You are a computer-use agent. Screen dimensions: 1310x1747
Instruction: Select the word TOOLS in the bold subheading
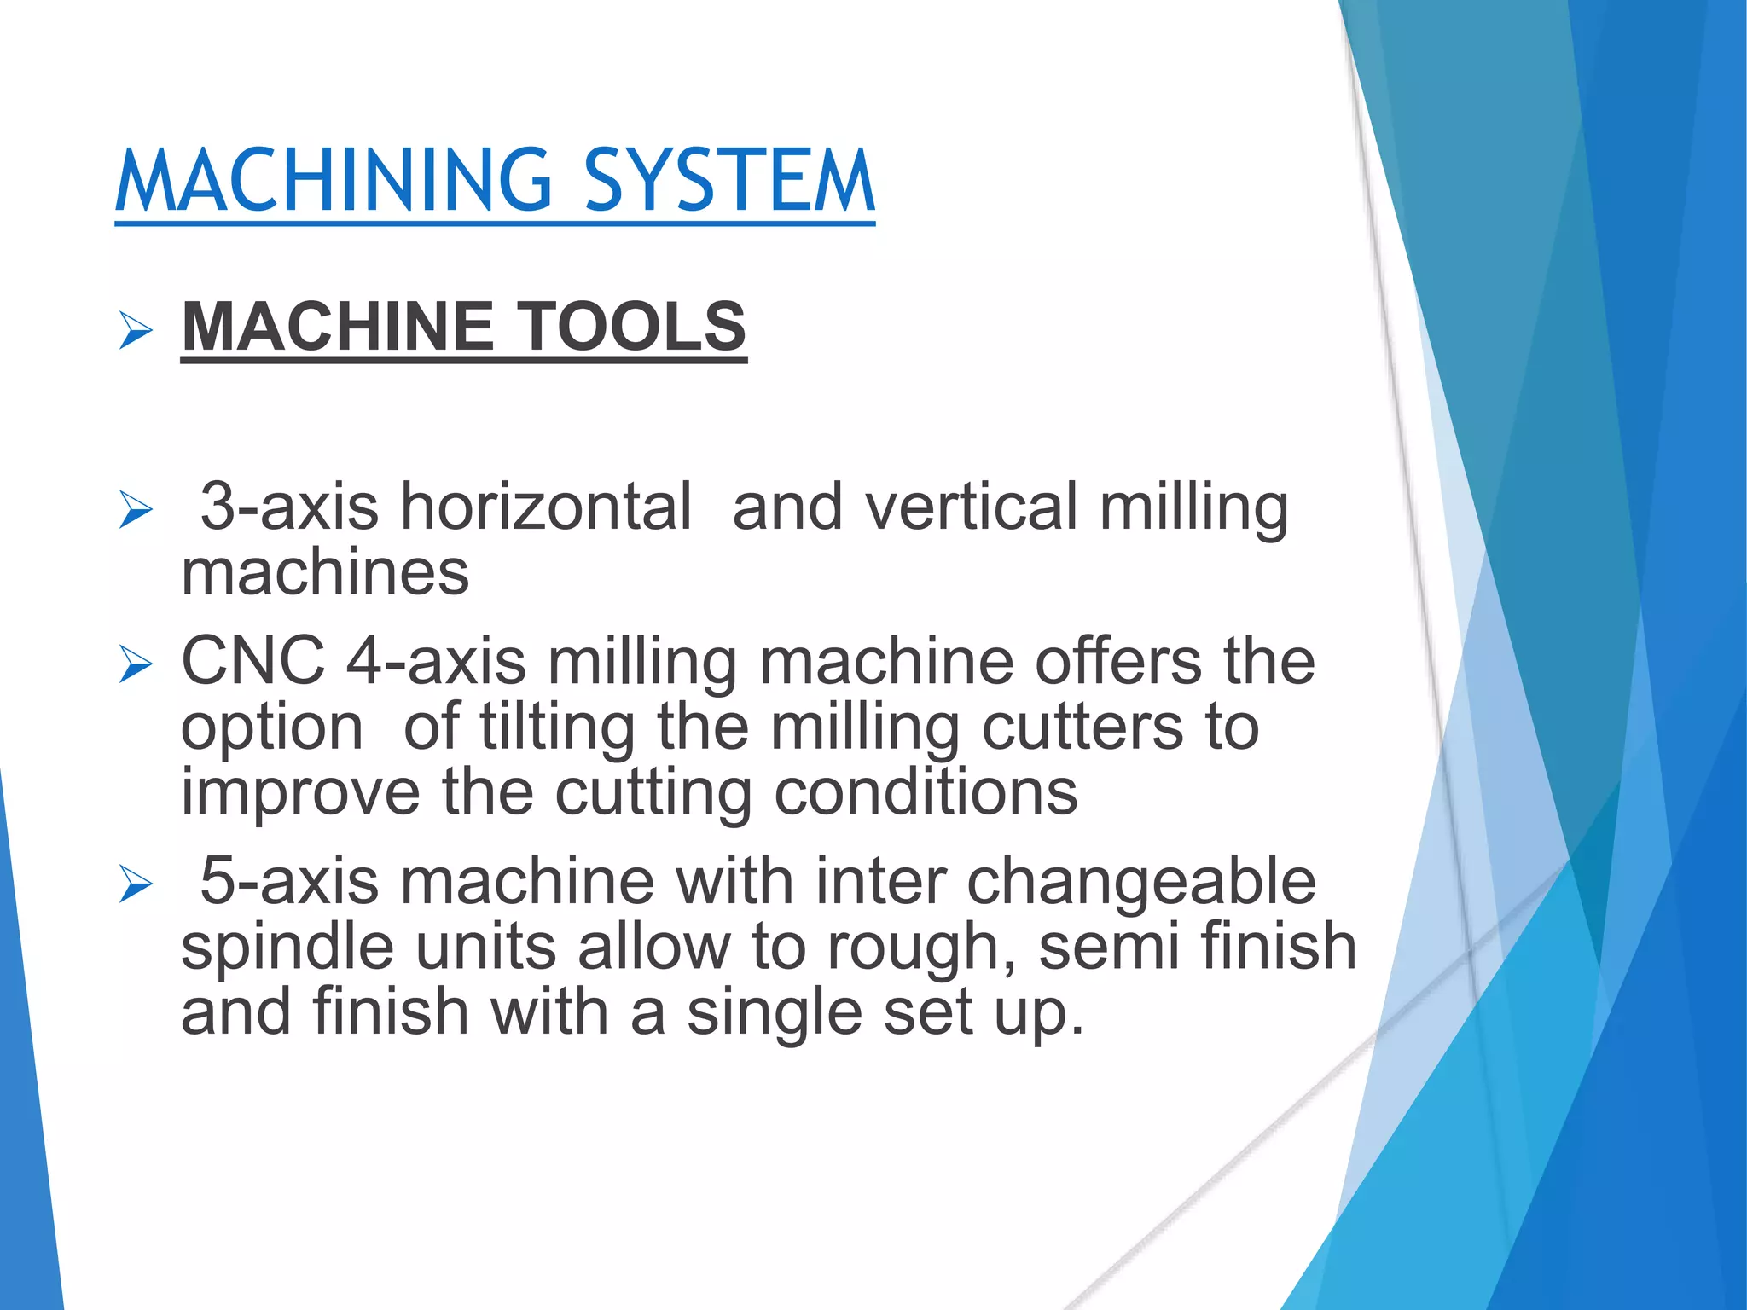pos(632,327)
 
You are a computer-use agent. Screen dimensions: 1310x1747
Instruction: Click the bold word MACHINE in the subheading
pos(338,327)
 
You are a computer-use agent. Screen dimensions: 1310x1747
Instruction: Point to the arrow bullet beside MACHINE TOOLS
pos(136,330)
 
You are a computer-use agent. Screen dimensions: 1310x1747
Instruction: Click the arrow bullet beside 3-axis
pos(136,510)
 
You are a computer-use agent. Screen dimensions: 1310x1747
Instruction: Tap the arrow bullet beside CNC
pos(136,664)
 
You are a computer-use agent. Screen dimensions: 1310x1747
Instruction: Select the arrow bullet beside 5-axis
pos(136,884)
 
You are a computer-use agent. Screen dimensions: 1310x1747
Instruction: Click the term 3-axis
pos(288,507)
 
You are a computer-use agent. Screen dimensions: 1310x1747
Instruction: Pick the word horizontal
pos(546,507)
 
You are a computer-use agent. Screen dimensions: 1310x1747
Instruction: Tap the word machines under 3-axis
pos(325,573)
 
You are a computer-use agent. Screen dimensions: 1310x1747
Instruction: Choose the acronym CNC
pos(253,661)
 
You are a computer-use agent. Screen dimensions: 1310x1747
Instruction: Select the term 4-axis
pos(436,661)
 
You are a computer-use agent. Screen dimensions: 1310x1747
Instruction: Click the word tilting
pos(557,729)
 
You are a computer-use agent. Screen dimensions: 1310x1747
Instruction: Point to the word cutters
pos(1082,727)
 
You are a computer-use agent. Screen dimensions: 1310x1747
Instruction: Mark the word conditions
pos(926,793)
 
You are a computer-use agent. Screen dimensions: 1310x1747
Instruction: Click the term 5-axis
pos(288,881)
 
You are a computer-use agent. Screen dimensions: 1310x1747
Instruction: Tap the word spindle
pos(287,948)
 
